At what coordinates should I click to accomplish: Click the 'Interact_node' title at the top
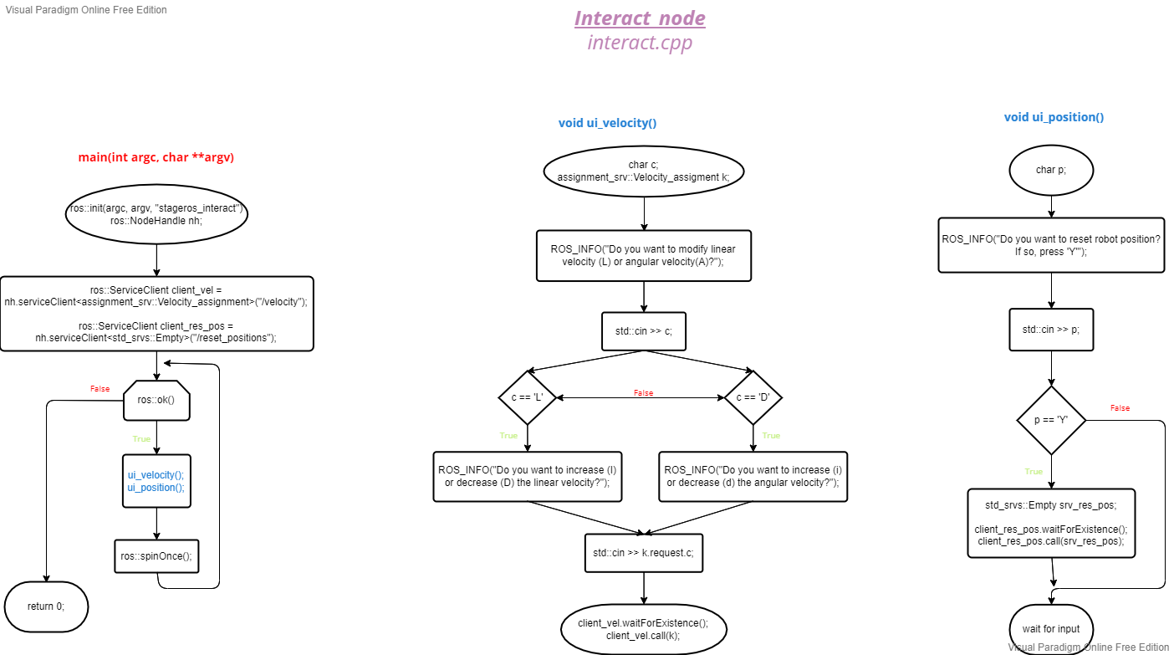640,18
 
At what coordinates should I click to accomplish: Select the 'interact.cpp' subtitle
640,43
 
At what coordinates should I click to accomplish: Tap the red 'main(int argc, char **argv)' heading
156,156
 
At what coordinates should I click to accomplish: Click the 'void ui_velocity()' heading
607,123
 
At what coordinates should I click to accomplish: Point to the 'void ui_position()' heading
1054,117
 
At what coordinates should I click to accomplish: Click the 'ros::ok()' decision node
156,400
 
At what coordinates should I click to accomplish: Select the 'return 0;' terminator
46,606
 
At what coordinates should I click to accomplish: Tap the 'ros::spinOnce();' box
156,556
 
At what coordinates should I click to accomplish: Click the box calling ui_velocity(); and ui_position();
156,481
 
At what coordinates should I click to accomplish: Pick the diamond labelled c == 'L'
528,398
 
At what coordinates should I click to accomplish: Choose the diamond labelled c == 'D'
753,398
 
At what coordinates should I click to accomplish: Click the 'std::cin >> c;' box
644,331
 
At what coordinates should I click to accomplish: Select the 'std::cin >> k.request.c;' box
644,553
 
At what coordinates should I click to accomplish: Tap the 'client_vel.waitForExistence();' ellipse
643,629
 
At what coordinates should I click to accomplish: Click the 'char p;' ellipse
1051,170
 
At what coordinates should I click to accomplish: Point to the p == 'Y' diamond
1051,420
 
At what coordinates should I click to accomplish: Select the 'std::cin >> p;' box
1051,330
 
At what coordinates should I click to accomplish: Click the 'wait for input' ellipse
1051,628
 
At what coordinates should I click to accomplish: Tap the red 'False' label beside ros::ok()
100,389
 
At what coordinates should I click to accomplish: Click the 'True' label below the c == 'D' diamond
771,436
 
